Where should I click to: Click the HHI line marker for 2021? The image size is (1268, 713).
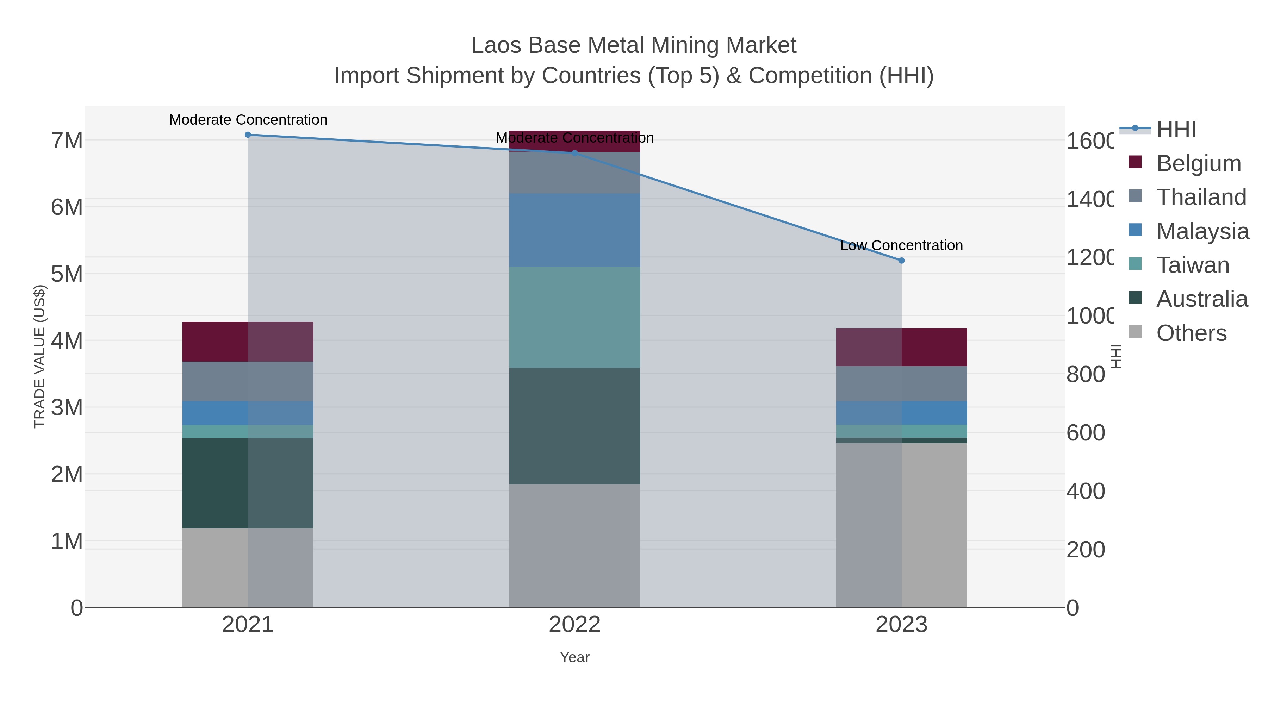click(x=248, y=135)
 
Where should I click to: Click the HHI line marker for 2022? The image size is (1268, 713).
click(x=574, y=153)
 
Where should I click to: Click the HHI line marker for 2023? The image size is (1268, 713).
click(x=901, y=260)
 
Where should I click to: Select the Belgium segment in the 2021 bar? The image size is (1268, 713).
click(x=248, y=342)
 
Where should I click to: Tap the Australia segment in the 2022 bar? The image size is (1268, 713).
click(x=574, y=426)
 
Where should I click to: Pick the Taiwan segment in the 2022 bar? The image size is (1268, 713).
click(x=574, y=317)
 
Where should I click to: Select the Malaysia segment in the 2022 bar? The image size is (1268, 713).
click(x=574, y=230)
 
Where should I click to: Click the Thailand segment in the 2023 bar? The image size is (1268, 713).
click(x=901, y=383)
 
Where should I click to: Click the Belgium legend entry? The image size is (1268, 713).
click(x=1198, y=163)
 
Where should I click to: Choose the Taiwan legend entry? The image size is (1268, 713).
click(x=1192, y=265)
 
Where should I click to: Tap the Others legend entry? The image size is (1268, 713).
click(x=1191, y=333)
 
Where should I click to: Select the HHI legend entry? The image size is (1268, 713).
click(x=1175, y=130)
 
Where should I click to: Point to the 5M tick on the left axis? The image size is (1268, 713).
click(x=67, y=274)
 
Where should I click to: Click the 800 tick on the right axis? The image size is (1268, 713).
click(x=1086, y=375)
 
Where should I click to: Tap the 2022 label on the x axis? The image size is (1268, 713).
click(x=574, y=624)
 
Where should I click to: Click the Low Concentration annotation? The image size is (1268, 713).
click(x=901, y=245)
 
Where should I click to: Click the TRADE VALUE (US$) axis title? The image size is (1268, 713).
click(x=39, y=356)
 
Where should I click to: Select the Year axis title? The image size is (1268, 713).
click(x=574, y=657)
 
